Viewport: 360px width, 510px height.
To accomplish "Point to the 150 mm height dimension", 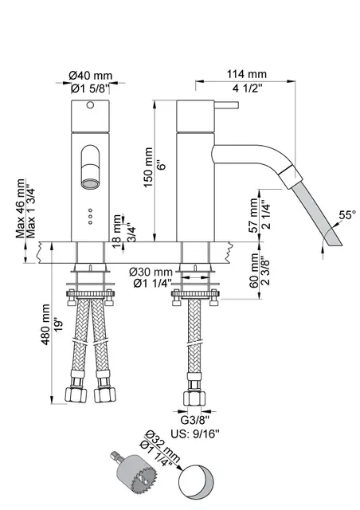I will [x=147, y=168].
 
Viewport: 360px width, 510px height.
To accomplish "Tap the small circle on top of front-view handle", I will [x=89, y=105].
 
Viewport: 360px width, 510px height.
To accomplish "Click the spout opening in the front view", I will [x=89, y=184].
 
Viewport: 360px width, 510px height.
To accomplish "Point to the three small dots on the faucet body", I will [x=89, y=217].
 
